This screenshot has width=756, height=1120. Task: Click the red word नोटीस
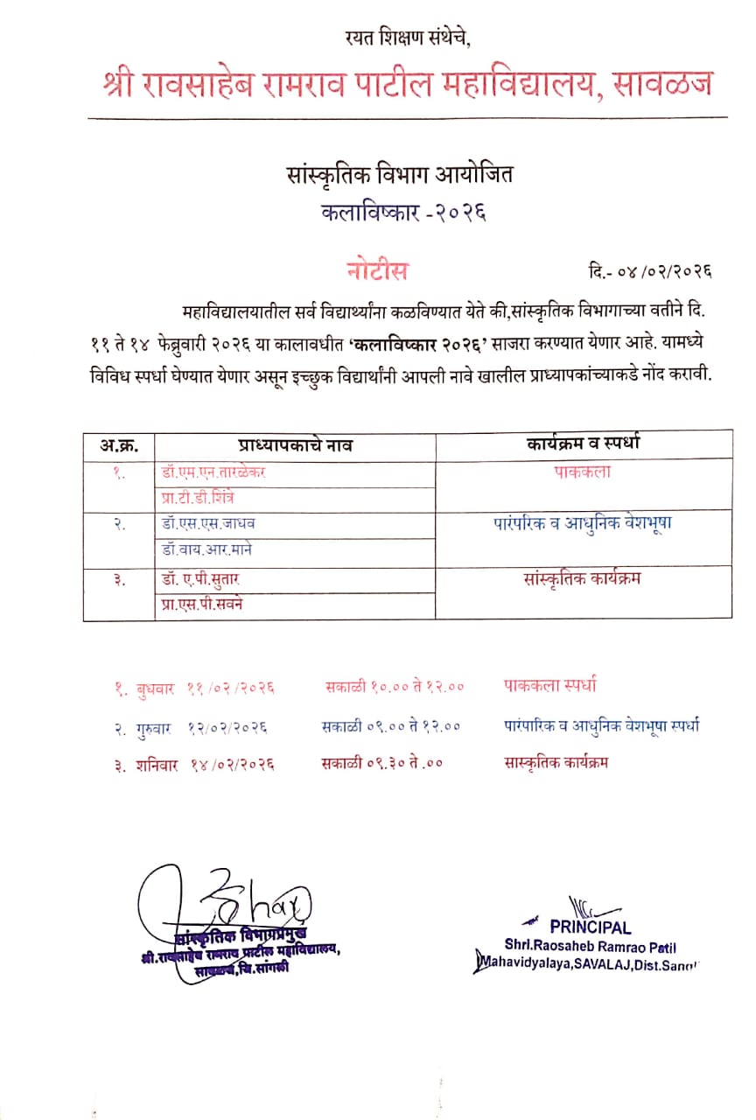pos(376,270)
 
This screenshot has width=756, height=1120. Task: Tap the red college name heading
pos(407,86)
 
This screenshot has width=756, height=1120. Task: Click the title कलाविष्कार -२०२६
pos(403,213)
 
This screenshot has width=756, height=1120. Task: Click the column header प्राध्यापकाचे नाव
pos(295,445)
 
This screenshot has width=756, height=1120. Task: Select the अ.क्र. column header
pos(119,445)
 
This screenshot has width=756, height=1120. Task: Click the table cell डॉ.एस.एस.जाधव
pos(209,523)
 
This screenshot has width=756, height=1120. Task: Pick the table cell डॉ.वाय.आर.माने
pos(208,550)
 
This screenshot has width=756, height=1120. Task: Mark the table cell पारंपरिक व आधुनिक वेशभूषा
pos(582,523)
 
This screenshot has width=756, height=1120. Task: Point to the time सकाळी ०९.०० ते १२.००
pos(390,725)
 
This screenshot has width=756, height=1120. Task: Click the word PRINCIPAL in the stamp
pos(591,927)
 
